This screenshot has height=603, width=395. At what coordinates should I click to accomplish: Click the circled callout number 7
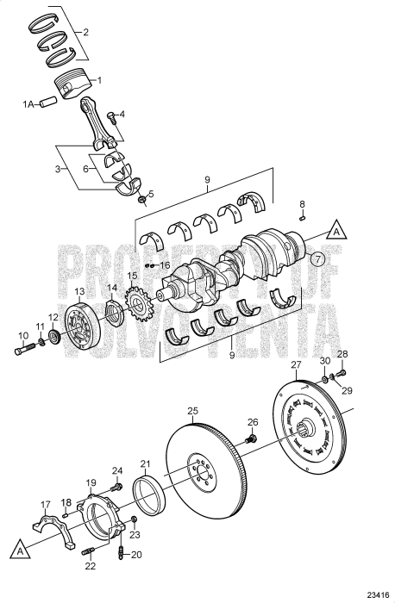coord(318,258)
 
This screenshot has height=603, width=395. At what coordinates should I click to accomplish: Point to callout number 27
coord(295,364)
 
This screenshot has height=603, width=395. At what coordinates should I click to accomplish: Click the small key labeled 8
coord(303,217)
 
